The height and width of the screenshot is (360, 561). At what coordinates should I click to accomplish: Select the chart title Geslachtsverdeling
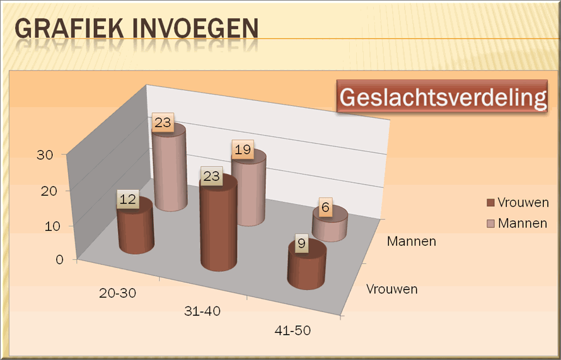click(442, 96)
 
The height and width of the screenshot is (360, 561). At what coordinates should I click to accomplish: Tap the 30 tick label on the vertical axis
click(45, 155)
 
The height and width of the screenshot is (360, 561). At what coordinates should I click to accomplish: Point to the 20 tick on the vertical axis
click(49, 191)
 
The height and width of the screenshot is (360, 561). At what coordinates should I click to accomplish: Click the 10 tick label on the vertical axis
click(52, 226)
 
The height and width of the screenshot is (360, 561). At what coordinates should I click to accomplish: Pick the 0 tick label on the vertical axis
click(59, 260)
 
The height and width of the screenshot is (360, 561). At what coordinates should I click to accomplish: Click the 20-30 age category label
click(117, 293)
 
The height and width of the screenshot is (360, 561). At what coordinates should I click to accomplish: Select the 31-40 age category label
click(202, 311)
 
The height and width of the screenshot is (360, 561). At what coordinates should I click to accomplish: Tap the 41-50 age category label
click(292, 330)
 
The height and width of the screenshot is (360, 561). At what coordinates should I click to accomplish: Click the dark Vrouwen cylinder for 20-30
click(136, 229)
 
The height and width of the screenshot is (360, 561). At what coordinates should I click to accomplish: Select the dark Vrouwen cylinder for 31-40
click(219, 226)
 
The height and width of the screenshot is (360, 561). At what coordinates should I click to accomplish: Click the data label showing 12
click(128, 199)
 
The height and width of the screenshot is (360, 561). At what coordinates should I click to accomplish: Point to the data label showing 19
click(243, 149)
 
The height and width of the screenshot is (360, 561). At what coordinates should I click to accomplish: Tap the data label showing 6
click(325, 207)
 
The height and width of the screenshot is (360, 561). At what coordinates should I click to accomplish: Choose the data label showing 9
click(301, 244)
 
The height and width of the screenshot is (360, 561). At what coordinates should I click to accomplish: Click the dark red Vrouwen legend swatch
click(490, 203)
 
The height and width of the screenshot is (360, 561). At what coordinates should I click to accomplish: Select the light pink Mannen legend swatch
click(490, 224)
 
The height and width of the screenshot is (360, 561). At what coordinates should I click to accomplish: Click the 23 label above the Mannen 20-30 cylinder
click(163, 122)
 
